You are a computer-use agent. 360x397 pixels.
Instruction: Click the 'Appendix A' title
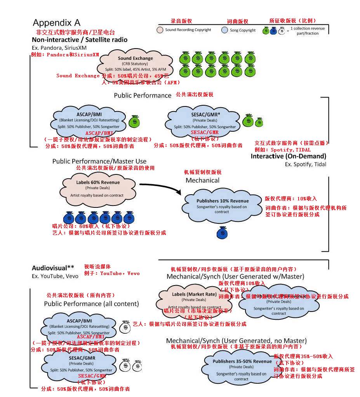coord(56,22)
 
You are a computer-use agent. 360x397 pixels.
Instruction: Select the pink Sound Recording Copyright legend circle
coord(160,30)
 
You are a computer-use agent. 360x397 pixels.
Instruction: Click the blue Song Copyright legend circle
coord(224,30)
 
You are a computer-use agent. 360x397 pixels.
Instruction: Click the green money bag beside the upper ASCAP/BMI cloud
coord(134,121)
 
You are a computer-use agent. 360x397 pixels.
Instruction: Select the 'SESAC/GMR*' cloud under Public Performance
coord(205,121)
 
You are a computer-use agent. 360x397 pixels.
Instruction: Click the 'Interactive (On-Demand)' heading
coord(288,156)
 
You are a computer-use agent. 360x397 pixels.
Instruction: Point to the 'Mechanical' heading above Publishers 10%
coord(202,180)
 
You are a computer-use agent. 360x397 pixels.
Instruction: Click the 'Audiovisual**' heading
coord(53,268)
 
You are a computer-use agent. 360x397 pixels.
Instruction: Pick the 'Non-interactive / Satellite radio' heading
coord(80,40)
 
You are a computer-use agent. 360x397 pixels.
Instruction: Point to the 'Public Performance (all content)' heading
coord(91,303)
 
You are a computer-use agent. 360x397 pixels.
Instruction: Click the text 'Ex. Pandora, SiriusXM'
coord(60,47)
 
